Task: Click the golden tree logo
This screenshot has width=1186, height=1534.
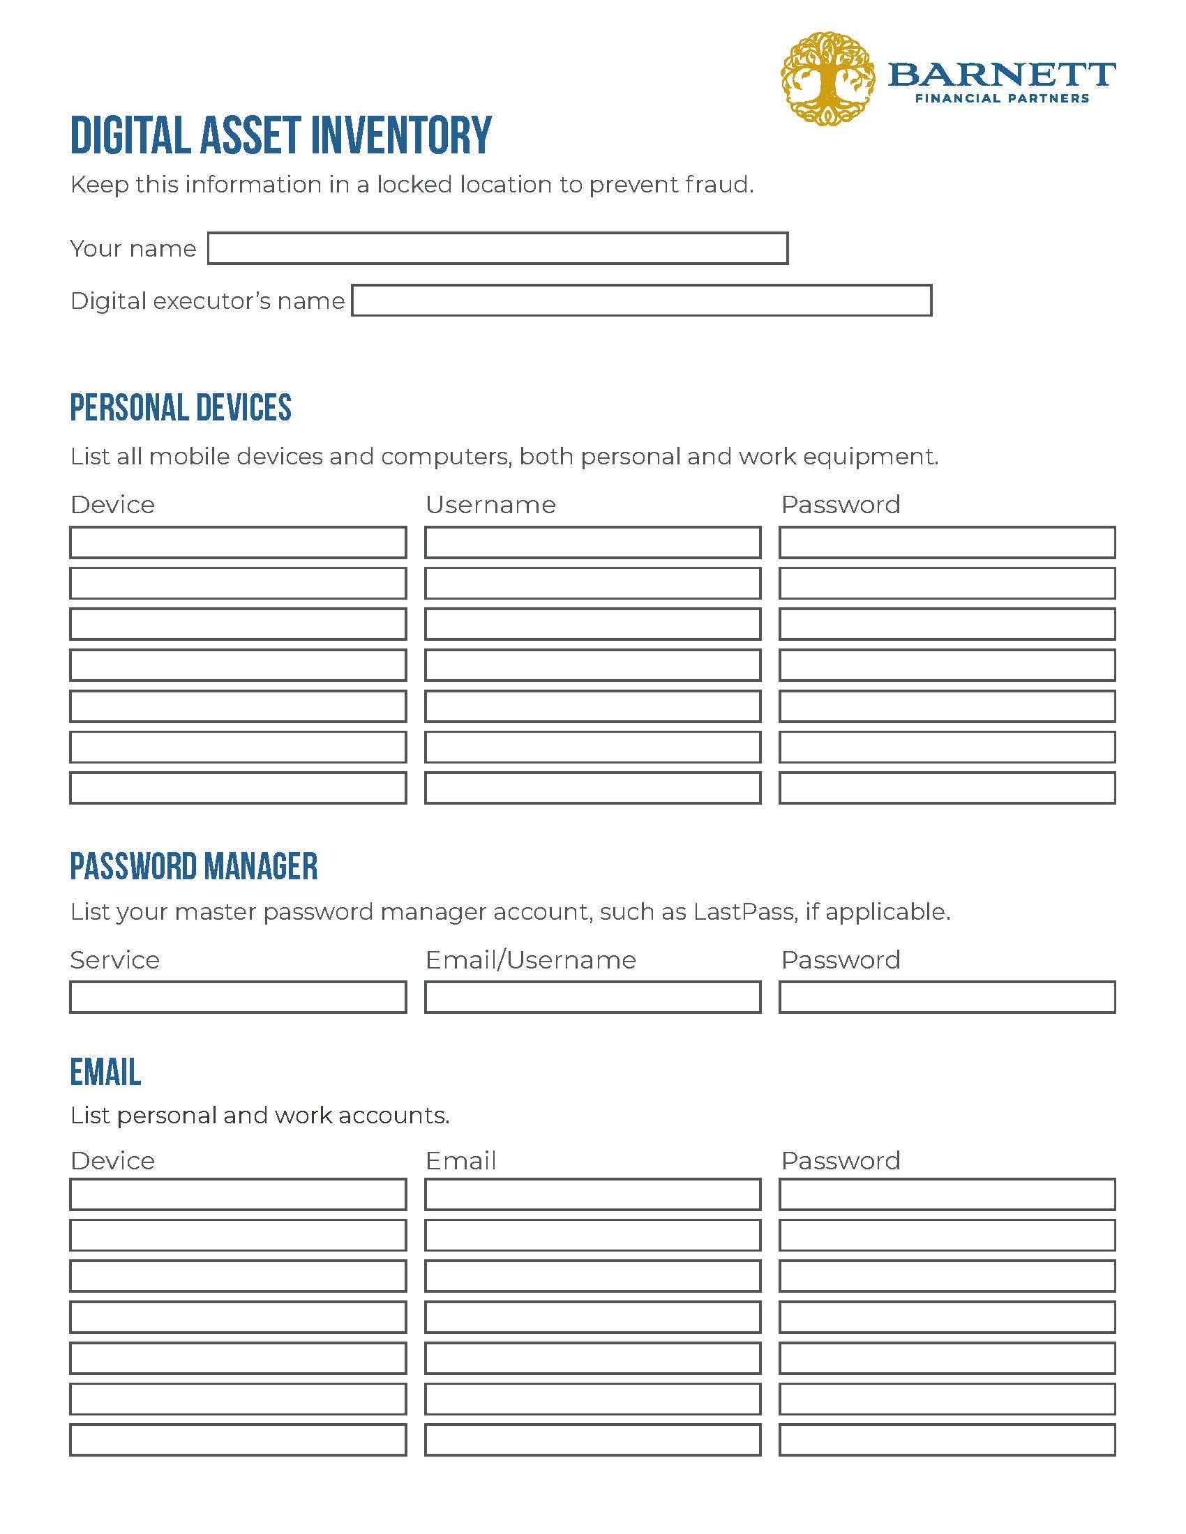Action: (x=827, y=79)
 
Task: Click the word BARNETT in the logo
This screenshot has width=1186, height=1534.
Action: (x=1001, y=74)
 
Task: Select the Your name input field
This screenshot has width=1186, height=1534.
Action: (x=497, y=248)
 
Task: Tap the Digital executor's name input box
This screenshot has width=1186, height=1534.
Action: (x=641, y=301)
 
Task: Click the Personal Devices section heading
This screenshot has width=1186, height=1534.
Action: (x=181, y=408)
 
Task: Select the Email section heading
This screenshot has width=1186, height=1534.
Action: (x=105, y=1072)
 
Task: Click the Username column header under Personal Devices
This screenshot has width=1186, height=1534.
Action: (x=490, y=504)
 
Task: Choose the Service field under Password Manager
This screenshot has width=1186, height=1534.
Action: (x=238, y=996)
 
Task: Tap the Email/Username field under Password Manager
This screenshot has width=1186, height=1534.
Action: (x=592, y=996)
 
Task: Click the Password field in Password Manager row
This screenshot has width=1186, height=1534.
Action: (x=947, y=996)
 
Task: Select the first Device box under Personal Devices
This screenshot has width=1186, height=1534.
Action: (x=238, y=542)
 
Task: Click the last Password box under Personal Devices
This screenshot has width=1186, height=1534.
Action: (x=947, y=787)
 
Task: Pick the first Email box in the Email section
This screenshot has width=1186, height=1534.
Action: (x=592, y=1194)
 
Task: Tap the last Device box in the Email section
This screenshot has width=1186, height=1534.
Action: (x=238, y=1439)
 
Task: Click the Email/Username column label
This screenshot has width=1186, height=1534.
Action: (x=530, y=959)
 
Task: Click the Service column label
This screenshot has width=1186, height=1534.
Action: (x=115, y=959)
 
